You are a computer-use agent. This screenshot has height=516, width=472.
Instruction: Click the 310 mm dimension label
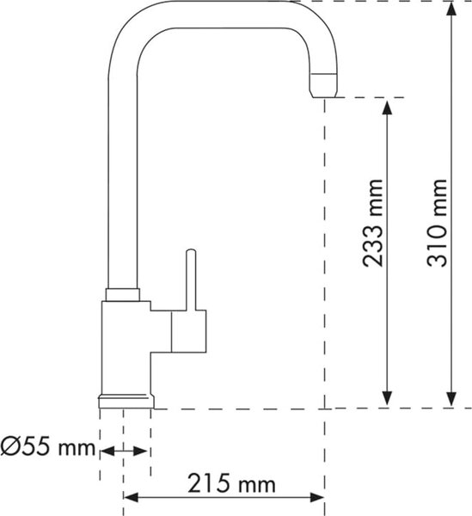pos(438,223)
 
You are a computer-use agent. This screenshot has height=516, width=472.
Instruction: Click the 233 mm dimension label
pos(372,223)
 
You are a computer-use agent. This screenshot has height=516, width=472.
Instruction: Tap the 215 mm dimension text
pos(231,483)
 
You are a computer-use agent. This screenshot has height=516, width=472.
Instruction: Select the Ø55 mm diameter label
pos(47,446)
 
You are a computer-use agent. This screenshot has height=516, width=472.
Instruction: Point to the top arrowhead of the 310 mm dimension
pos(452,9)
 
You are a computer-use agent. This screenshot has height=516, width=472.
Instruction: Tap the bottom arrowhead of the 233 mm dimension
pos(388,398)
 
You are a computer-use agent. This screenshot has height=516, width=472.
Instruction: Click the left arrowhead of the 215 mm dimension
pos(131,497)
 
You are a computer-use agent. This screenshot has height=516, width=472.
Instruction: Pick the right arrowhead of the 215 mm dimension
pos(317,497)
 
